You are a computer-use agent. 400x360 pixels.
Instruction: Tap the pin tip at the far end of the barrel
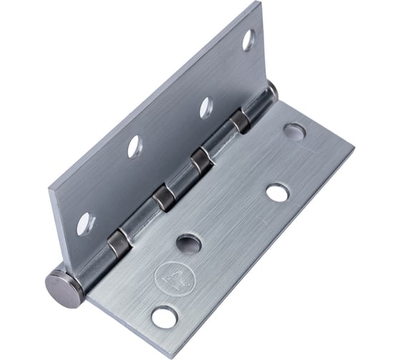pos(272,89)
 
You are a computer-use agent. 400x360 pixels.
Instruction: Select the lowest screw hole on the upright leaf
pos(84,223)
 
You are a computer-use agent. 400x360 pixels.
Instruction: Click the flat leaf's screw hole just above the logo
pos(188,243)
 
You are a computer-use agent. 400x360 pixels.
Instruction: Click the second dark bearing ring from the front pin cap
pos(166,194)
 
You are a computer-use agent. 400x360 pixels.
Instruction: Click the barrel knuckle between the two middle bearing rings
pos(184,176)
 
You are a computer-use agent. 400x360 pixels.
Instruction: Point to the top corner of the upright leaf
pos(255,6)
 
